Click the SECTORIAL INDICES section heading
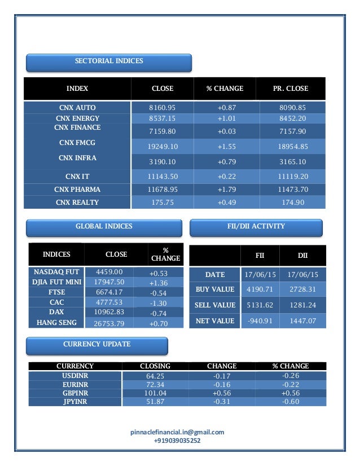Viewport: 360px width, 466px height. [109, 61]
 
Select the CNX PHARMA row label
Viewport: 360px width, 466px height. [78, 189]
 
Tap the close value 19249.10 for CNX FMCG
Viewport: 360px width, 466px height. [163, 147]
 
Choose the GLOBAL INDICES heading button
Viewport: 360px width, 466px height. [104, 227]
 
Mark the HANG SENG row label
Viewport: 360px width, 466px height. [56, 323]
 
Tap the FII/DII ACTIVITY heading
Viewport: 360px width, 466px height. [256, 227]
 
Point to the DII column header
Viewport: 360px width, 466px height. [303, 256]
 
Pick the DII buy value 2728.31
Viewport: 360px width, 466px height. [303, 289]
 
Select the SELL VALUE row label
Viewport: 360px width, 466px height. [215, 305]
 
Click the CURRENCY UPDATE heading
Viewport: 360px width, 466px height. [97, 344]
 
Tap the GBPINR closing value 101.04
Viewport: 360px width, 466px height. [155, 393]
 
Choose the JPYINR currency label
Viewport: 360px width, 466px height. [75, 402]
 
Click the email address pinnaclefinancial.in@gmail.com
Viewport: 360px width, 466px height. [177, 432]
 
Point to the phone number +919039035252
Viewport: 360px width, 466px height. [177, 441]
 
